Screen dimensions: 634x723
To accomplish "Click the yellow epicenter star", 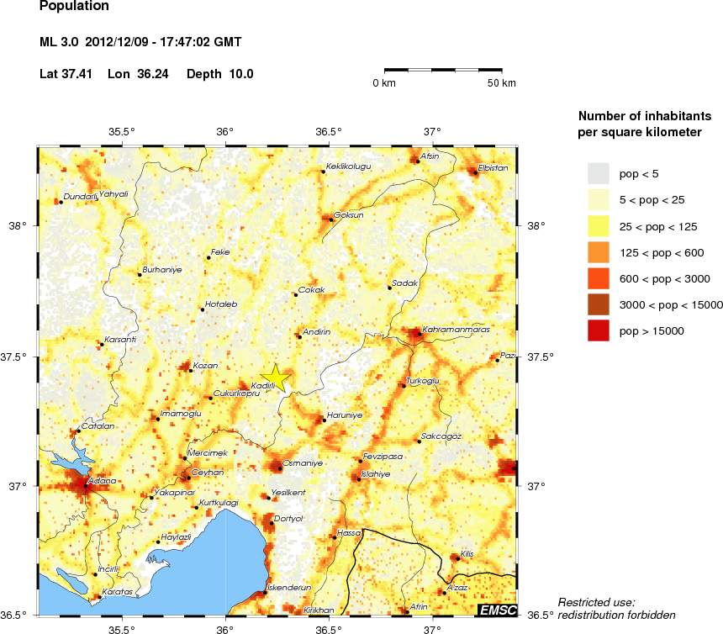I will point(275,378).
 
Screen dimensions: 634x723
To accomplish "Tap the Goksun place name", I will point(348,214).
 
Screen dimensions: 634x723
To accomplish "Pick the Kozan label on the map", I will point(205,366).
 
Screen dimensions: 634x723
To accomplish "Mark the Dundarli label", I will point(81,197).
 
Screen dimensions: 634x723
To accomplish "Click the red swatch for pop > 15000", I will point(597,331).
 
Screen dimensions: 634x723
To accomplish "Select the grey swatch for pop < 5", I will point(597,173).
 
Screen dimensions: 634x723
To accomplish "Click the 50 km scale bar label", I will point(503,83).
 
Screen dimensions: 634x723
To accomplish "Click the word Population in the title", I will point(74,7).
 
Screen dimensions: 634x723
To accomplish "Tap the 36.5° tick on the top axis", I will point(328,131).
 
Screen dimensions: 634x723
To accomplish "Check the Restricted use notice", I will point(616,608).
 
